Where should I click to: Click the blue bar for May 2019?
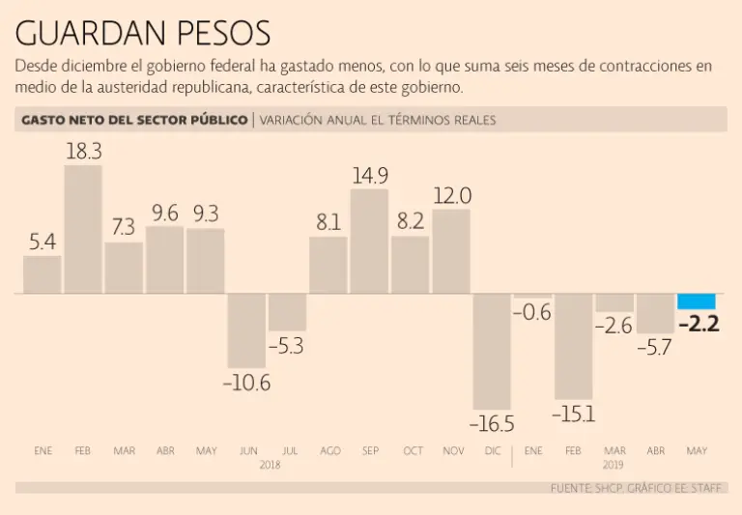point(697,301)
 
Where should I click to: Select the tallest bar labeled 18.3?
point(83,229)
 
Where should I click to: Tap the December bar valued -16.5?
point(492,351)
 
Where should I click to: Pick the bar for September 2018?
point(369,242)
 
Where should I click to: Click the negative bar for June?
point(246,329)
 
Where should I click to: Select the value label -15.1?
point(573,414)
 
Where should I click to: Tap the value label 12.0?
point(452,195)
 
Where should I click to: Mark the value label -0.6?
point(531,312)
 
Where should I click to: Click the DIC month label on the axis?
point(492,451)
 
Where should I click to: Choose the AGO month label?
point(329,451)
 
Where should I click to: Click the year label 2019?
point(614,465)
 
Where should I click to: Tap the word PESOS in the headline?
point(224,33)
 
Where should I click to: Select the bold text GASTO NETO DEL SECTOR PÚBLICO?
point(133,121)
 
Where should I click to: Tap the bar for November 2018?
point(451,251)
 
